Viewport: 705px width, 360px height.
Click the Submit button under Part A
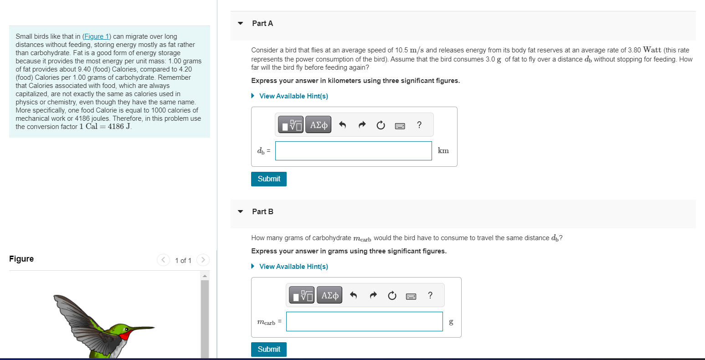pyautogui.click(x=269, y=179)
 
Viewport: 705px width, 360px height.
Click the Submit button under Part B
pyautogui.click(x=269, y=350)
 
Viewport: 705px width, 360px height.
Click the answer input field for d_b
pyautogui.click(x=353, y=151)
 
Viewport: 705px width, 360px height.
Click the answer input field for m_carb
pyautogui.click(x=364, y=321)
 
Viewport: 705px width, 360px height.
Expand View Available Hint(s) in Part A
pyautogui.click(x=293, y=96)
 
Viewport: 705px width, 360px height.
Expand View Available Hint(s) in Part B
pyautogui.click(x=293, y=267)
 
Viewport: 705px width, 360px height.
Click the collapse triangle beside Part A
pyautogui.click(x=241, y=23)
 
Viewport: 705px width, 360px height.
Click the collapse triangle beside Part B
pyautogui.click(x=241, y=211)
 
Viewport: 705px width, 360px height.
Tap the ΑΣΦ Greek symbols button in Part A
pyautogui.click(x=319, y=125)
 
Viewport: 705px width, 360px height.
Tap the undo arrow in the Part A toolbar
pyautogui.click(x=343, y=125)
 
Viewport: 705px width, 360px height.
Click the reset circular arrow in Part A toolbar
pyautogui.click(x=381, y=125)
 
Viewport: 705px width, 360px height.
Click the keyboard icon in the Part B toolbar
pyautogui.click(x=411, y=296)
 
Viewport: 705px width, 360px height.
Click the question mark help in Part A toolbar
pyautogui.click(x=419, y=125)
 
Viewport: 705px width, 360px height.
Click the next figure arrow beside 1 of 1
pyautogui.click(x=203, y=260)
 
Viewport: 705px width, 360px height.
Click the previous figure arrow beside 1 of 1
pyautogui.click(x=163, y=260)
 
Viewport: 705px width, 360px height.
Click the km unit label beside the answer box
pyautogui.click(x=443, y=151)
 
